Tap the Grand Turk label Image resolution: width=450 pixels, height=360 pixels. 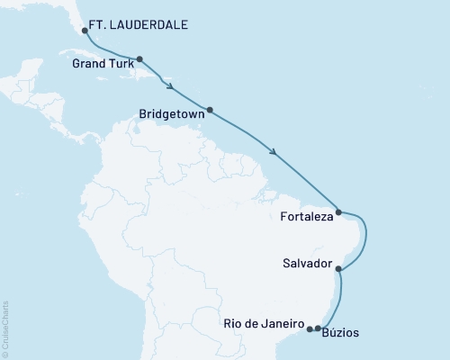[102, 64]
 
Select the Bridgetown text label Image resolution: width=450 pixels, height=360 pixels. [171, 115]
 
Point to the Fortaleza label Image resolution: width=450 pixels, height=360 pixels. [306, 217]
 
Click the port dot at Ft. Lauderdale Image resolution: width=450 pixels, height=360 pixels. [84, 30]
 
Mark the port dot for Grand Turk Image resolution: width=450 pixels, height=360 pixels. [139, 59]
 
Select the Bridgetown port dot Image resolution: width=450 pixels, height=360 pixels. [210, 111]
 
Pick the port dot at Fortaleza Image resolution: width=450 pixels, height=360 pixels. [337, 212]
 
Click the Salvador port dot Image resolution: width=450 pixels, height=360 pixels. [337, 267]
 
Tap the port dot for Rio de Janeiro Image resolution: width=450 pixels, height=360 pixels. [310, 328]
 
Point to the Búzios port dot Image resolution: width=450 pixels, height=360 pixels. [318, 328]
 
